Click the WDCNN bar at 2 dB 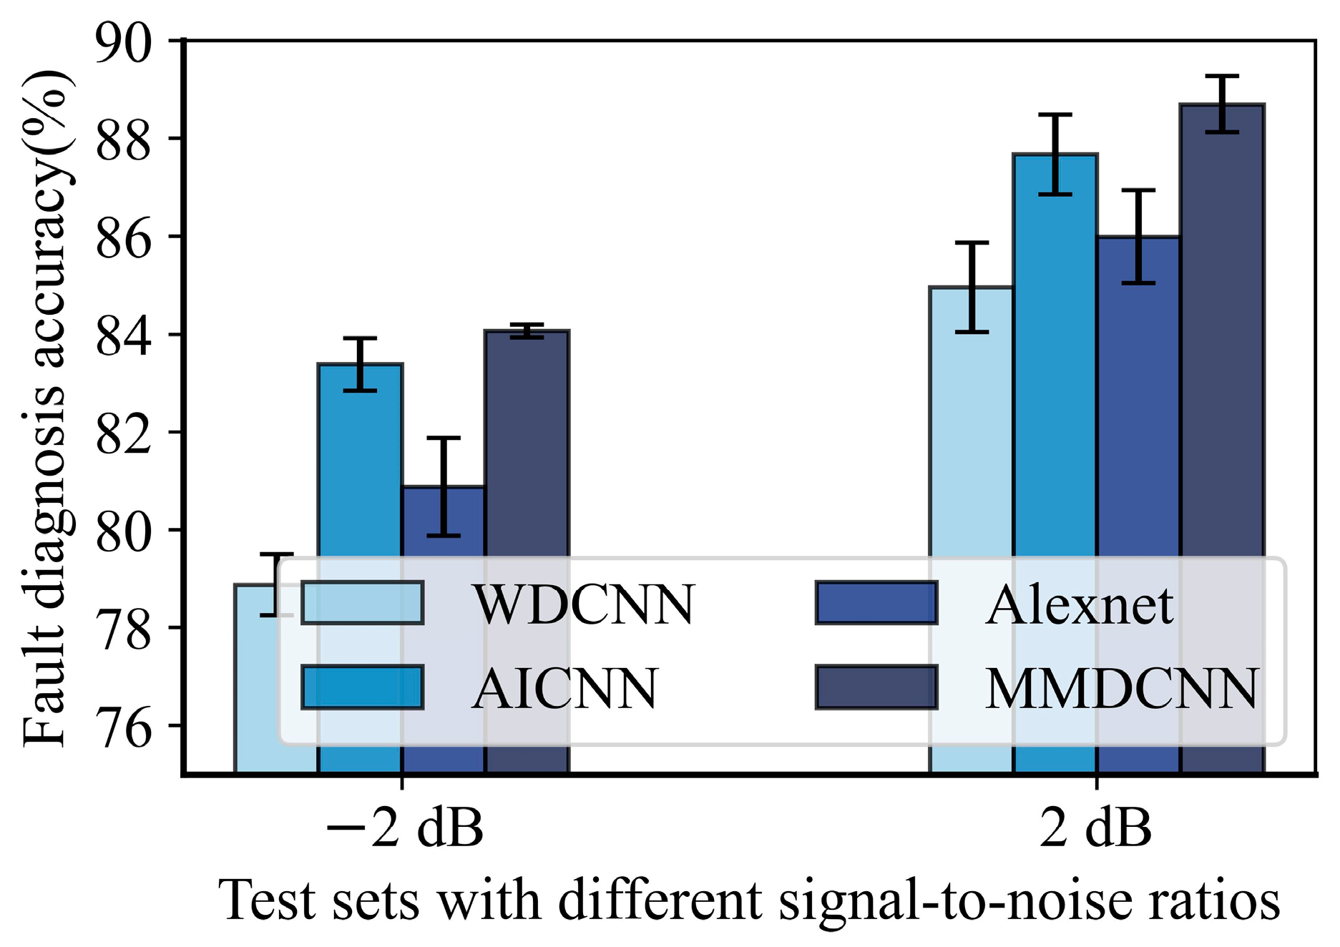(971, 429)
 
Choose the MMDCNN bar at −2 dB (527, 443)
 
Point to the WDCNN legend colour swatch (362, 603)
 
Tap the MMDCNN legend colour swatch (876, 687)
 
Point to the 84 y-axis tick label (123, 336)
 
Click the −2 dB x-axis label (404, 828)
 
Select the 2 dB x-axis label (1095, 828)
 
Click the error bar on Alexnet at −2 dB (444, 486)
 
